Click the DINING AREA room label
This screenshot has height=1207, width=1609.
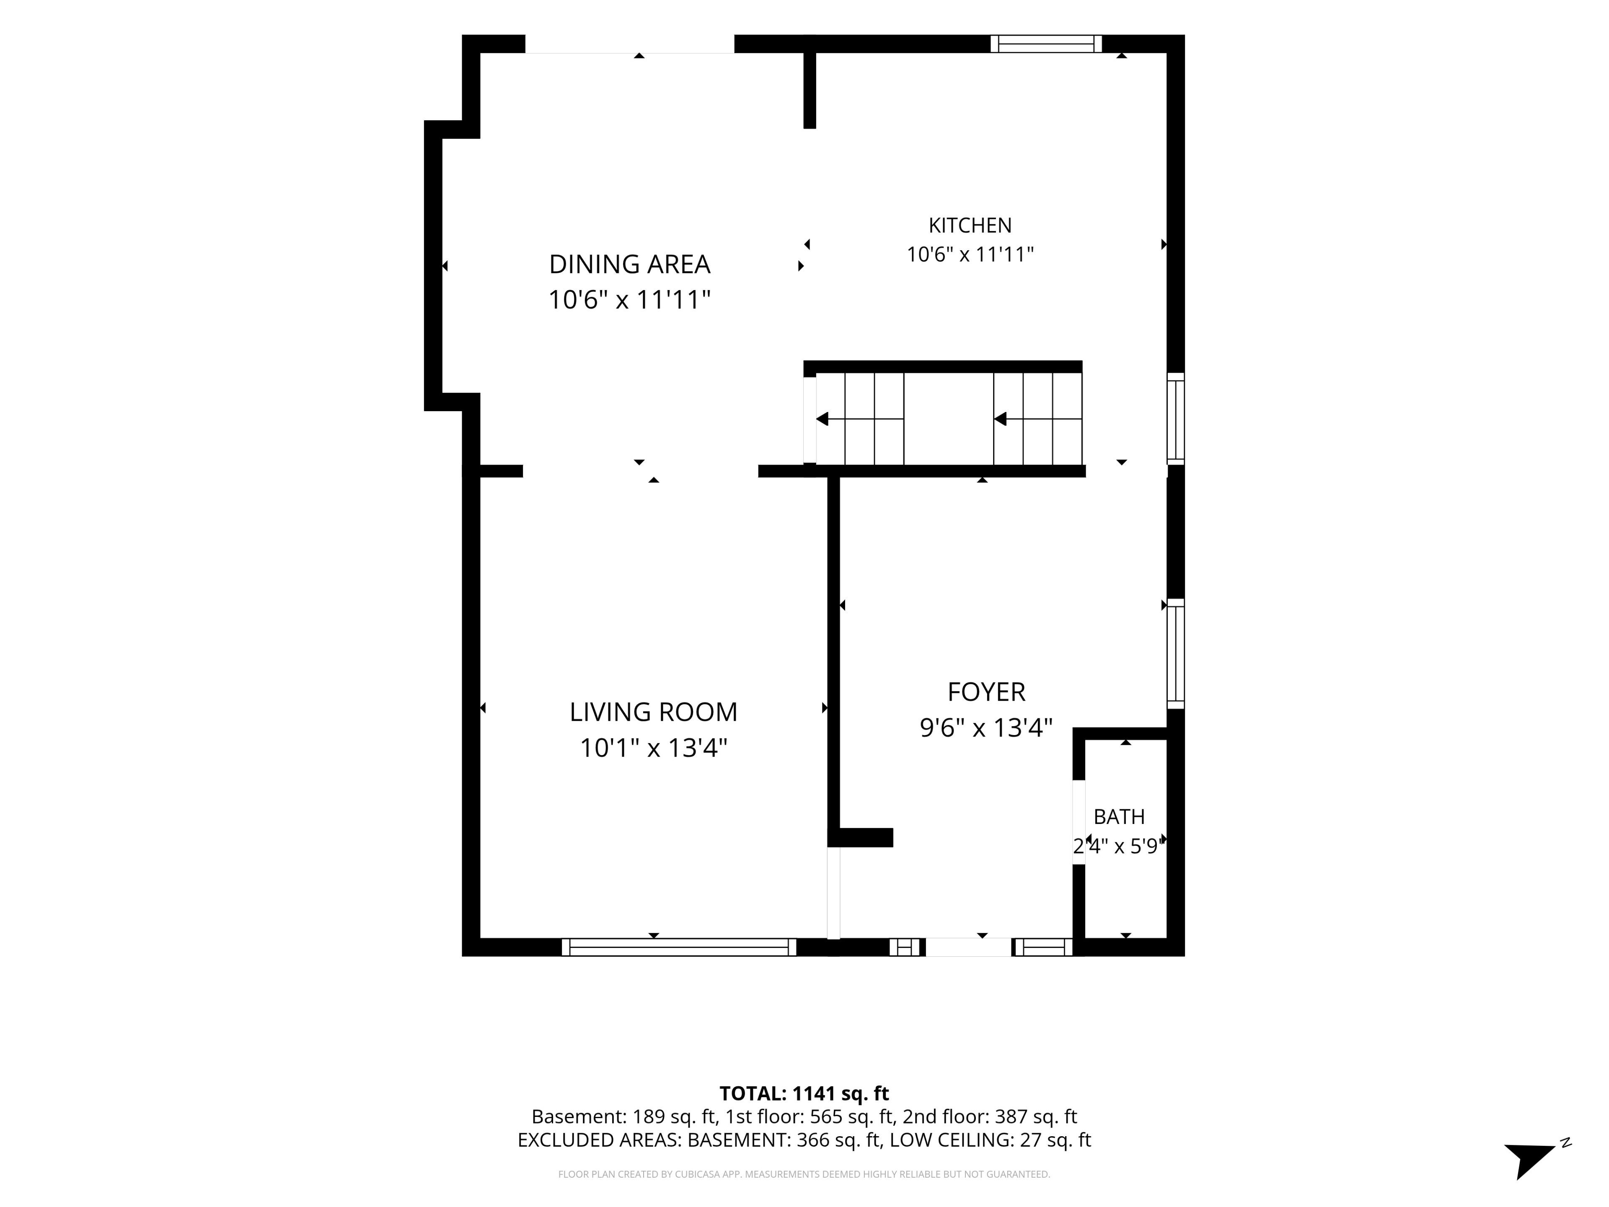click(x=629, y=264)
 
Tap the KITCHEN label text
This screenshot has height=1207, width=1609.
click(x=970, y=225)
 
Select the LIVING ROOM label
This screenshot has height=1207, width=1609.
click(x=653, y=712)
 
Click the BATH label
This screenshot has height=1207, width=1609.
click(x=1119, y=817)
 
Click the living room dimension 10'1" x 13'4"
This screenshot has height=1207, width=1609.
click(x=653, y=748)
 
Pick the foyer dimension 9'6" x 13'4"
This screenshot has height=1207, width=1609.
click(x=986, y=728)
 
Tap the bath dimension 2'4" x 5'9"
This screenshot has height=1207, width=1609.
click(x=1119, y=846)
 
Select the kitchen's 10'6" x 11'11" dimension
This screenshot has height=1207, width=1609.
click(x=970, y=255)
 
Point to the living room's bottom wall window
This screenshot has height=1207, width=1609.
click(x=679, y=947)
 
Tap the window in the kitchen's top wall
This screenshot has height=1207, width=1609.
click(x=1046, y=44)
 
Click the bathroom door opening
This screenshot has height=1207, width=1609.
click(x=1079, y=822)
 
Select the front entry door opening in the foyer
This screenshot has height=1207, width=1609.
click(x=968, y=947)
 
